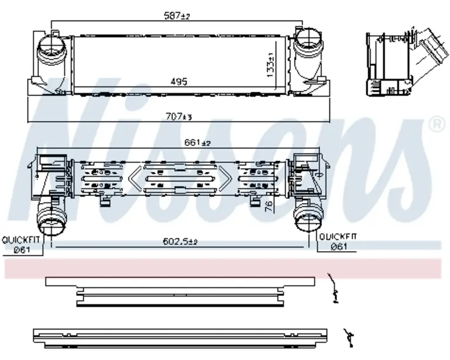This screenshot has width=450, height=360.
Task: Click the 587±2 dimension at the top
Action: pos(177,15)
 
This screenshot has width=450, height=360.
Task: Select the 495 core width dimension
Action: pos(179,82)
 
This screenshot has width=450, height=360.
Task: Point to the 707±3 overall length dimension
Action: pos(178,116)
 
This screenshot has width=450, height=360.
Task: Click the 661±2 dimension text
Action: pos(197,142)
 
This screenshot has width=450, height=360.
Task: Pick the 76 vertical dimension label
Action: pos(268,206)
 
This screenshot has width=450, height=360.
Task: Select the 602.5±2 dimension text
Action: pos(180,241)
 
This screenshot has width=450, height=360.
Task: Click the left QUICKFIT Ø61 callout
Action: pos(20,245)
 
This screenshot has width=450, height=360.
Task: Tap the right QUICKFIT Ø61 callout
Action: pos(338,242)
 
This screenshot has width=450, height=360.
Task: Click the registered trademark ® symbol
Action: pos(438,124)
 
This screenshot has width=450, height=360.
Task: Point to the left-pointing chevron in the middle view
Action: pos(135,179)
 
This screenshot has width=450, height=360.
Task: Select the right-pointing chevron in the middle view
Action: pos(225,179)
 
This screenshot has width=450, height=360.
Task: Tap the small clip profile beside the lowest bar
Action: pos(349,338)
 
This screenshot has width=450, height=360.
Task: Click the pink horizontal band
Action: pos(223,269)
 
